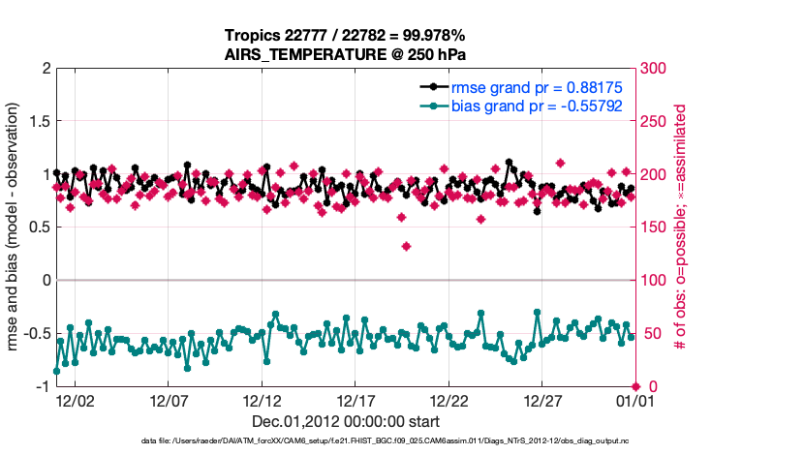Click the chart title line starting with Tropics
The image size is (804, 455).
tap(347, 35)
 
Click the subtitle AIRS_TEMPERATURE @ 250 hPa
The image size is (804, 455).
tap(347, 54)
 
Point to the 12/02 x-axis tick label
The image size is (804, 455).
tap(75, 400)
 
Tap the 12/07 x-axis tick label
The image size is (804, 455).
tap(169, 400)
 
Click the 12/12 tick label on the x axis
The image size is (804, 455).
tap(262, 400)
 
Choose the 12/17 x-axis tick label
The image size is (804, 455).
tap(356, 400)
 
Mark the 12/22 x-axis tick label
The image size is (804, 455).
tap(449, 400)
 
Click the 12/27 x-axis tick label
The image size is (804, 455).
tap(543, 400)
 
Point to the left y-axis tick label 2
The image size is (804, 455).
tap(45, 69)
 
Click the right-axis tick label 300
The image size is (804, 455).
tap(655, 69)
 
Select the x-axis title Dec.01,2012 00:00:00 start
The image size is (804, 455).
tap(346, 421)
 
